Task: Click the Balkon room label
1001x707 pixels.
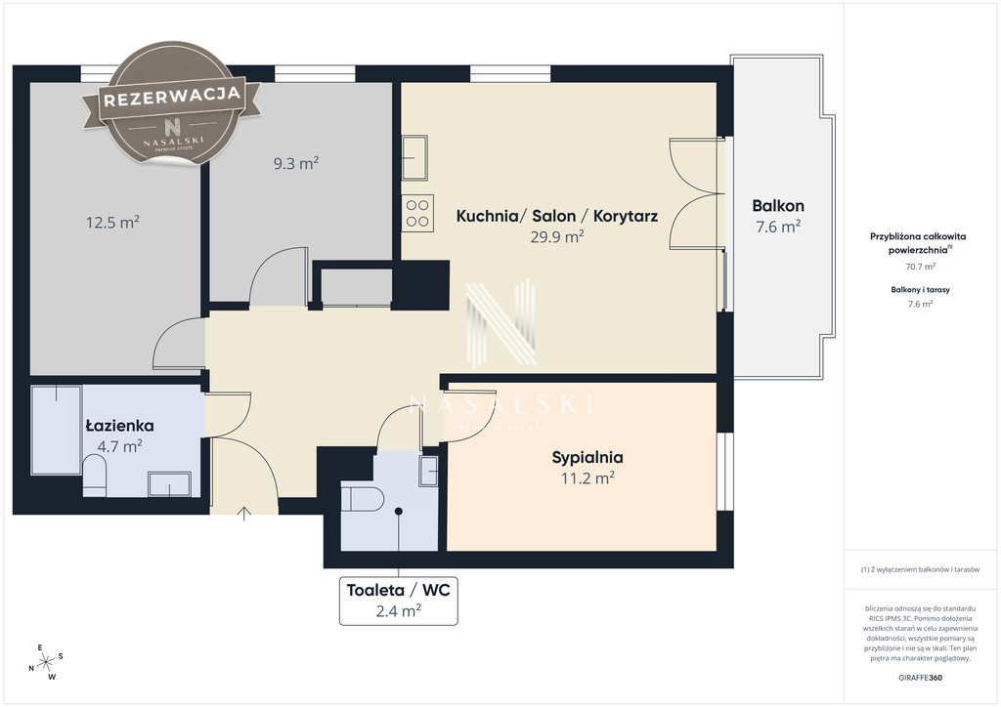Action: pyautogui.click(x=777, y=206)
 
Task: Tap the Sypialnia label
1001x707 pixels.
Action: pyautogui.click(x=588, y=457)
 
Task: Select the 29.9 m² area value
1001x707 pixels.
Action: pyautogui.click(x=556, y=236)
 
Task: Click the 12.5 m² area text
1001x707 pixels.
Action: pyautogui.click(x=113, y=222)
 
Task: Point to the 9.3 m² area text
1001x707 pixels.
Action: pyautogui.click(x=296, y=163)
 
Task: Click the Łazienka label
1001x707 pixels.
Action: pyautogui.click(x=119, y=425)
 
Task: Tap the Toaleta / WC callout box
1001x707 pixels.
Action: pyautogui.click(x=399, y=601)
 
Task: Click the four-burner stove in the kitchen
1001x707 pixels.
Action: pyautogui.click(x=418, y=213)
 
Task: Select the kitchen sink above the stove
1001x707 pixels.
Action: pyautogui.click(x=414, y=157)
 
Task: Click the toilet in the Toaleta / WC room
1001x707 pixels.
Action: pyautogui.click(x=362, y=499)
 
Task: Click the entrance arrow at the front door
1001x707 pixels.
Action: pyautogui.click(x=243, y=514)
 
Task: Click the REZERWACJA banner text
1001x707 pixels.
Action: pyautogui.click(x=172, y=97)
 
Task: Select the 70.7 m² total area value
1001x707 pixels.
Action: pyautogui.click(x=920, y=267)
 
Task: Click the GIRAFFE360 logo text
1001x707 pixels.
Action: pyautogui.click(x=920, y=678)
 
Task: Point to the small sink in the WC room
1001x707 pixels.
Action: pyautogui.click(x=428, y=471)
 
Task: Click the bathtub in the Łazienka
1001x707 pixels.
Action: pyautogui.click(x=56, y=430)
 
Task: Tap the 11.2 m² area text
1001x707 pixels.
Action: pyautogui.click(x=588, y=478)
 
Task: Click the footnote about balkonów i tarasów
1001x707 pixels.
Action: pyautogui.click(x=920, y=569)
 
